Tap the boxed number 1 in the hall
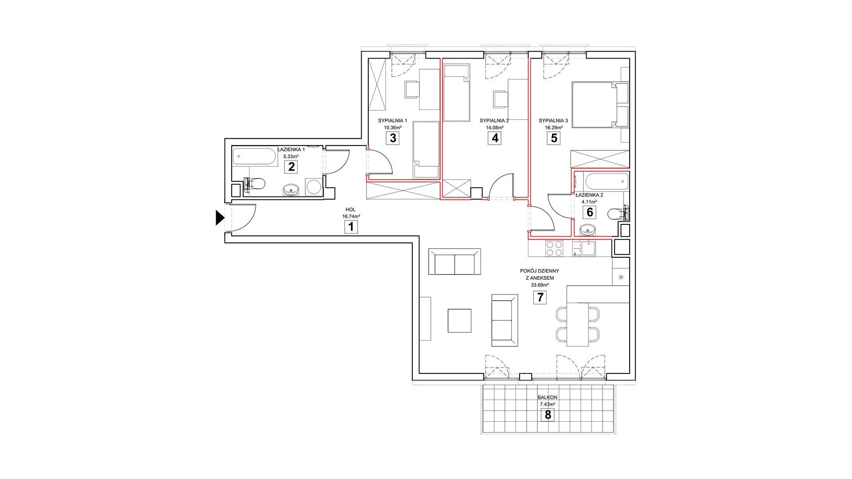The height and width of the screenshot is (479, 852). (351, 228)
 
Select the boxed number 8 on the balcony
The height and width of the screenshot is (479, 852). (548, 415)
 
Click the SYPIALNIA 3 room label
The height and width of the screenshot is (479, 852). (553, 121)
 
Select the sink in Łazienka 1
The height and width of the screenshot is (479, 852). (292, 190)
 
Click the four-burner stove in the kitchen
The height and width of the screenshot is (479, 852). (553, 248)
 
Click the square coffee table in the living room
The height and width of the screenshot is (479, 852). (459, 321)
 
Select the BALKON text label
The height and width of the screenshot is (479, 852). (548, 398)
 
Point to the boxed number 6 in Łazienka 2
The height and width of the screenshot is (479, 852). (590, 212)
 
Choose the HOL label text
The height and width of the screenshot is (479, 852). (351, 210)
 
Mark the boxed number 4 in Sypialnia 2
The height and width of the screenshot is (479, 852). (495, 138)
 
